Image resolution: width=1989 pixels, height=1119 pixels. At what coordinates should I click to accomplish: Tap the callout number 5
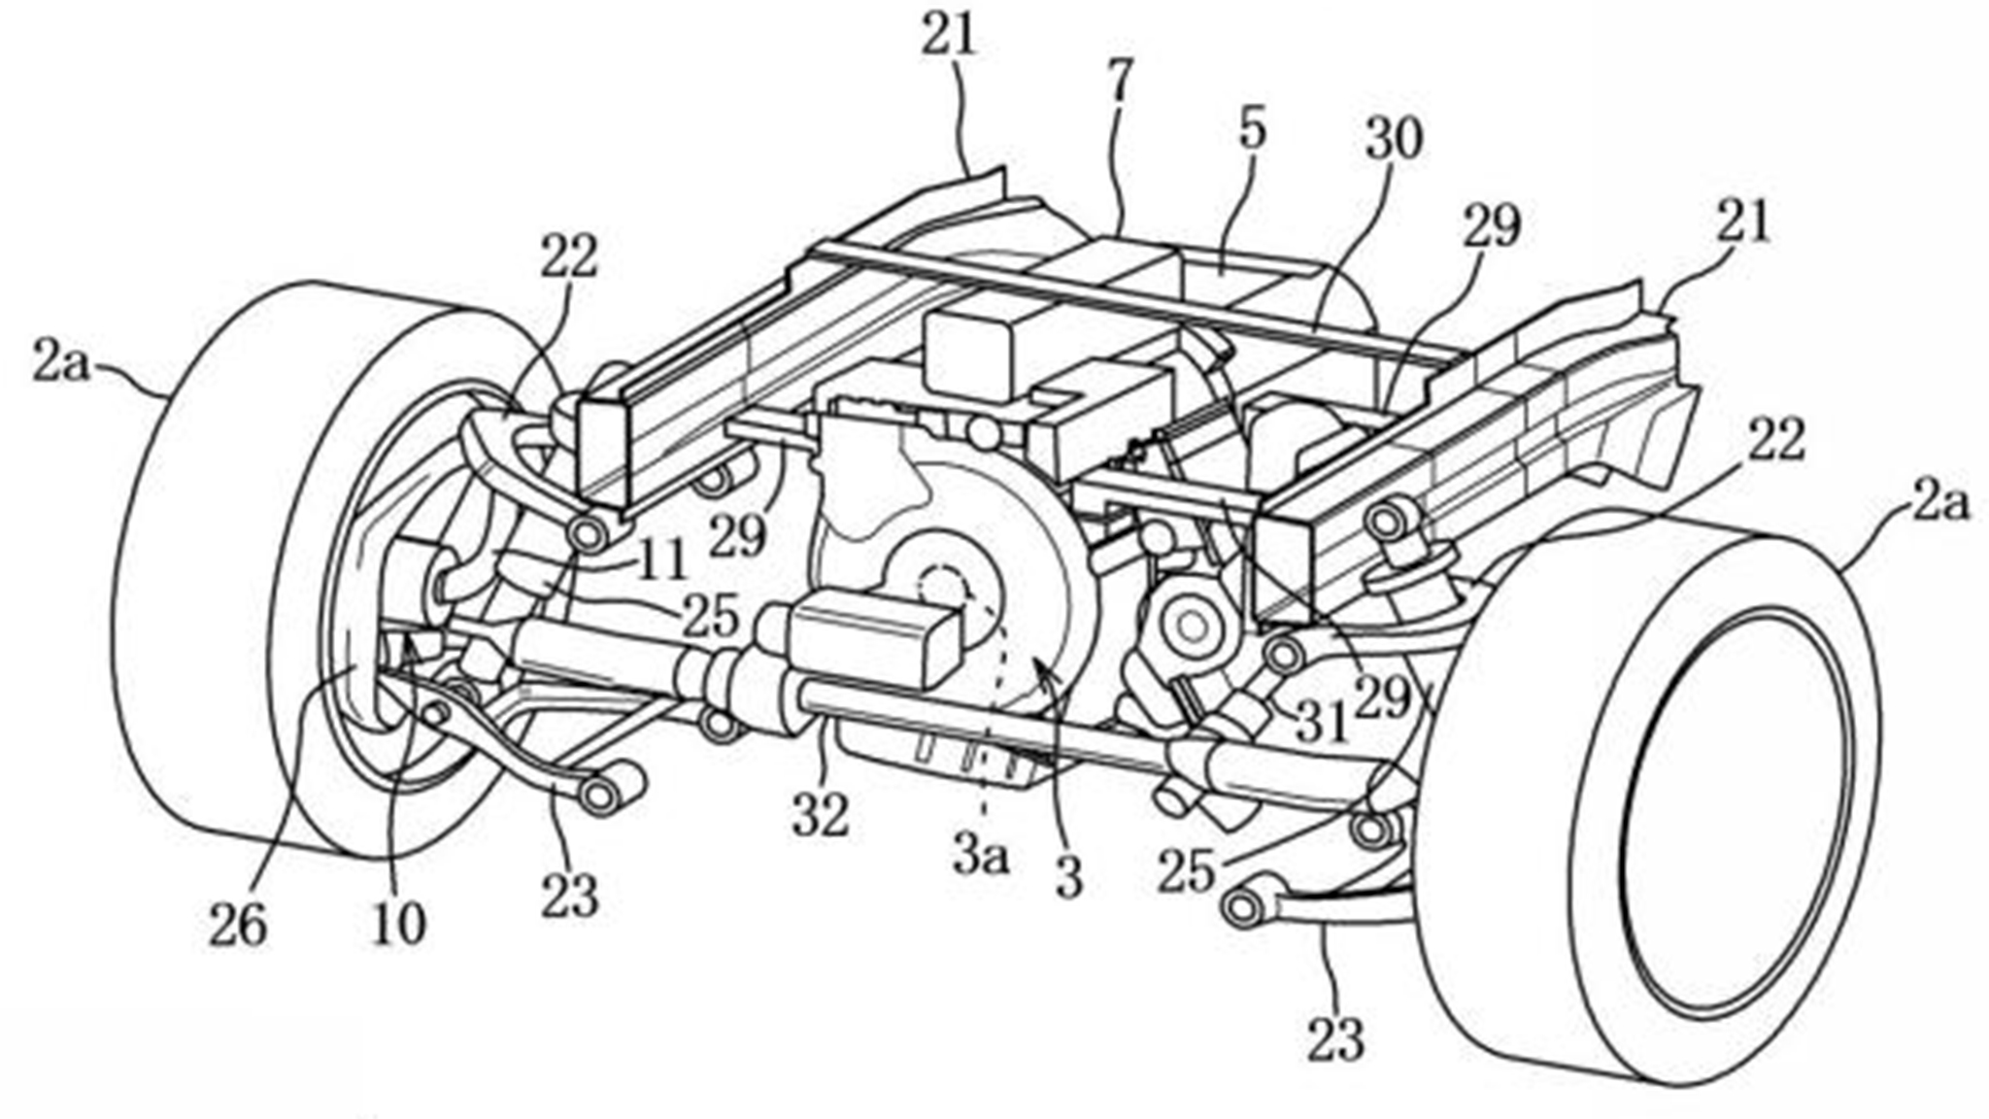(1252, 128)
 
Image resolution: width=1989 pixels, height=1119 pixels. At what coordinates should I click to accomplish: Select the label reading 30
(1394, 139)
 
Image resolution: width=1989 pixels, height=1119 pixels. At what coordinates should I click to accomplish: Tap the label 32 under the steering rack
(821, 816)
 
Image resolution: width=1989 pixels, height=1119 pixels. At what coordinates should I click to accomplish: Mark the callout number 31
(1321, 723)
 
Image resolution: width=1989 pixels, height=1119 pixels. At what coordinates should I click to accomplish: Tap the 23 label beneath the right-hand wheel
(1335, 1036)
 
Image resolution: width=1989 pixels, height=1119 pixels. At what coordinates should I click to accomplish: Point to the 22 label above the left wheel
(571, 257)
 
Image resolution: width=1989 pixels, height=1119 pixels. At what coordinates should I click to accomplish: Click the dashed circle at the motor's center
(940, 589)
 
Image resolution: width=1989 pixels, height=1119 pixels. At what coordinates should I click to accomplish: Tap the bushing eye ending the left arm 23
(600, 795)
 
